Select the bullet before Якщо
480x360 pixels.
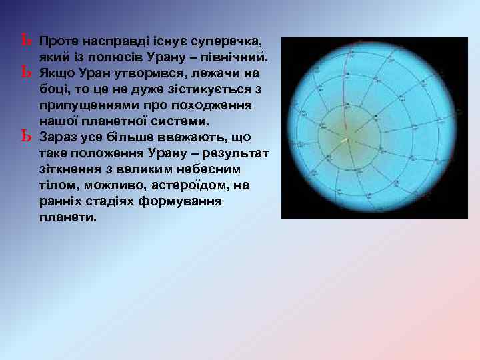(x=26, y=71)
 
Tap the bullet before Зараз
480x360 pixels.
(x=26, y=137)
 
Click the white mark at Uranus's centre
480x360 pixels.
(x=345, y=141)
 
